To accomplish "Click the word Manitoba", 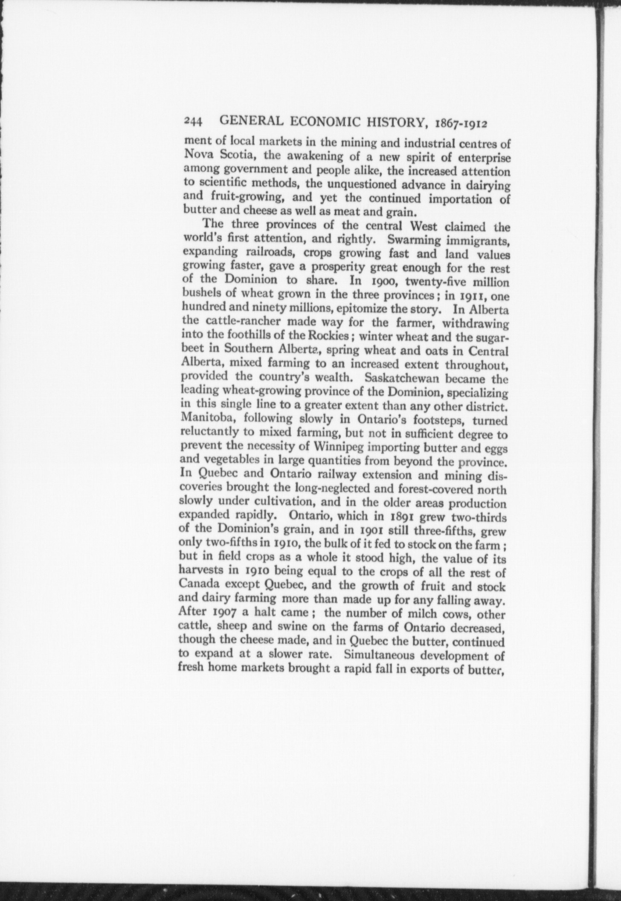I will [207, 419].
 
